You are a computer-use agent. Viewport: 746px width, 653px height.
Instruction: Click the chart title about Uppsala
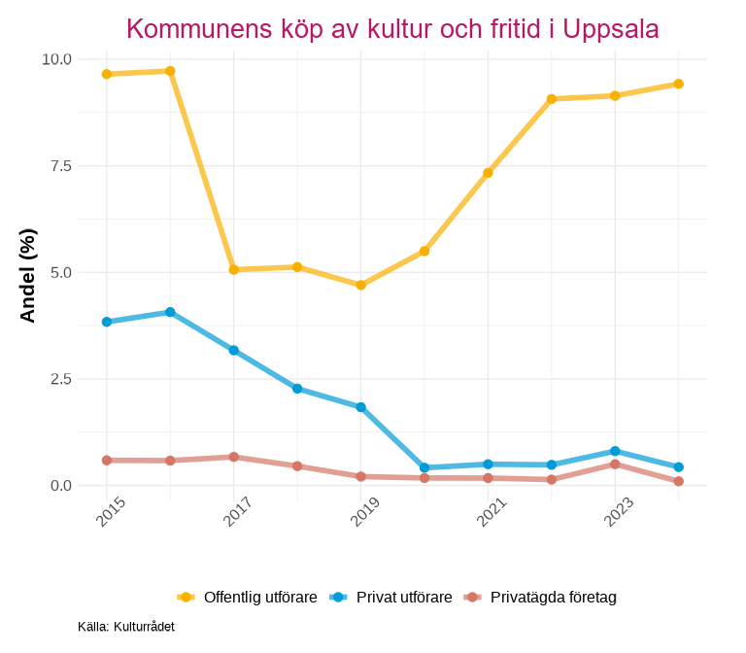click(392, 29)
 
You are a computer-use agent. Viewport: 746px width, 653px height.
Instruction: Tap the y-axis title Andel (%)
click(28, 275)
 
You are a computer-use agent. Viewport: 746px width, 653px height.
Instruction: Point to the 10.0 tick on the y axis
click(56, 59)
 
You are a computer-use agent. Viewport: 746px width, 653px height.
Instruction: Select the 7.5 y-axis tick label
click(61, 166)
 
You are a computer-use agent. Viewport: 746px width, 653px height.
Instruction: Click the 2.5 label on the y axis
click(61, 379)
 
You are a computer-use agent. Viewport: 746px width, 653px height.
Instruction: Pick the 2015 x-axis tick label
click(111, 512)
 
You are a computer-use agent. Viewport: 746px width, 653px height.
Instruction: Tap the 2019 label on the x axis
click(364, 512)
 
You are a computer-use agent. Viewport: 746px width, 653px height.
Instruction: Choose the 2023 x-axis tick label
click(618, 512)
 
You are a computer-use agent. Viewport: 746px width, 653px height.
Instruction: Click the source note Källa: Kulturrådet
click(126, 627)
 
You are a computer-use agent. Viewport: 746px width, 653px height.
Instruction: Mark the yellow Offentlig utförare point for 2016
click(170, 71)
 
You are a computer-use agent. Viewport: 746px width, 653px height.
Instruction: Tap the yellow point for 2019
click(360, 285)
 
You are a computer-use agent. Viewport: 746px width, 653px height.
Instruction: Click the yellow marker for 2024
click(678, 84)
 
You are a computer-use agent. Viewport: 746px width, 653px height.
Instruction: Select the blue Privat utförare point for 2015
click(107, 322)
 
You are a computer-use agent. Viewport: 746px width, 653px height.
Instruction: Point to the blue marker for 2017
click(234, 350)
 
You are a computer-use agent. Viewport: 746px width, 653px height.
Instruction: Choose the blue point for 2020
click(424, 467)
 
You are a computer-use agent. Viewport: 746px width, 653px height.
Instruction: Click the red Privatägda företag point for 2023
click(615, 464)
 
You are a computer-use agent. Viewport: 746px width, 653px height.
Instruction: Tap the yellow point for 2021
click(488, 173)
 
